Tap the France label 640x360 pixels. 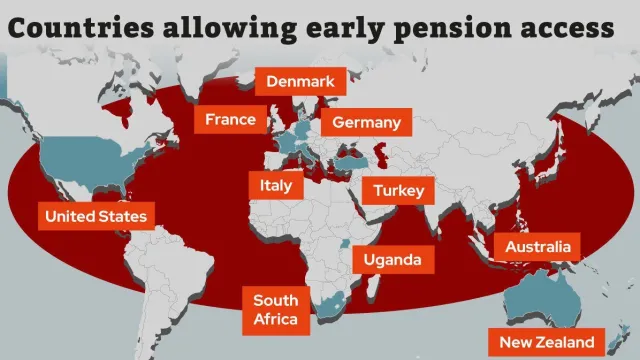tap(231, 120)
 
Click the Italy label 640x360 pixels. tap(275, 185)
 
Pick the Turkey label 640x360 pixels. tap(399, 190)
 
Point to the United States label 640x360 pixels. tap(96, 216)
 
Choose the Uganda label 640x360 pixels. tap(385, 260)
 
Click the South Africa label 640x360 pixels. tap(275, 309)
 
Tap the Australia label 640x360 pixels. tap(537, 246)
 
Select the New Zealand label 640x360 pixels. tap(546, 341)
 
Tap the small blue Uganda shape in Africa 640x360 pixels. tap(346, 243)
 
